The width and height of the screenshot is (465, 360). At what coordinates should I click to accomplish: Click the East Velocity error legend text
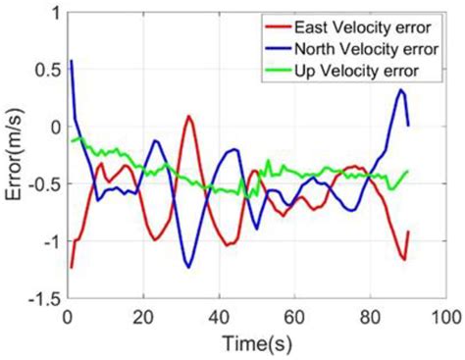(x=362, y=26)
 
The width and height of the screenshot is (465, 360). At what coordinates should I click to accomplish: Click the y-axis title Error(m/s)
(x=14, y=155)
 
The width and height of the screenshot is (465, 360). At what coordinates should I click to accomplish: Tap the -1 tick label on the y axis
(x=45, y=240)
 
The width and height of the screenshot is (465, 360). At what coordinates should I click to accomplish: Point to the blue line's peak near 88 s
(x=400, y=89)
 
